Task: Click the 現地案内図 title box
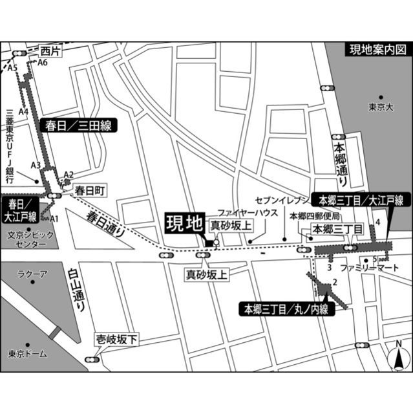377,50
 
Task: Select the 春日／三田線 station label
78,126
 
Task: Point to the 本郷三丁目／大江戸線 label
361,200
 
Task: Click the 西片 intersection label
50,50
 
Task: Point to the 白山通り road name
76,292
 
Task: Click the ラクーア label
32,275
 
